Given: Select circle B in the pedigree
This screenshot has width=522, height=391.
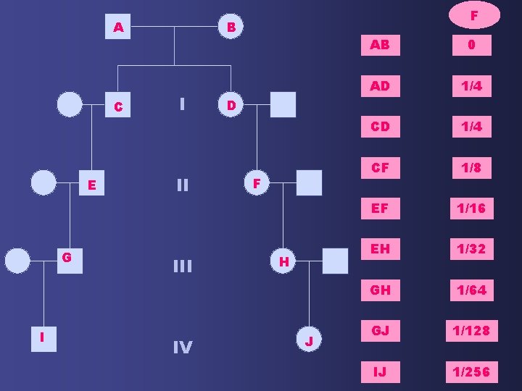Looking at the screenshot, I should (230, 28).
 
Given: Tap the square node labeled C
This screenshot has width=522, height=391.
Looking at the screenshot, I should (117, 106).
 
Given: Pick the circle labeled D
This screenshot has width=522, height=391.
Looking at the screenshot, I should (230, 106).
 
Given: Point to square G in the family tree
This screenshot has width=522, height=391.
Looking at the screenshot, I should (67, 258).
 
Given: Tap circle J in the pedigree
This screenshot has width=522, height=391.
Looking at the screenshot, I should (310, 340).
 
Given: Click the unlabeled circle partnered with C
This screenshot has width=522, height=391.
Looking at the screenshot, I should (70, 104).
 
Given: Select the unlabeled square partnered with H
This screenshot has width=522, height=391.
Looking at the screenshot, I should (335, 260).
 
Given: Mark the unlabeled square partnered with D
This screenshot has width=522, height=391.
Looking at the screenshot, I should (283, 104).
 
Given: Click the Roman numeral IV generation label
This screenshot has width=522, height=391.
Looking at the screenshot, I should (182, 348).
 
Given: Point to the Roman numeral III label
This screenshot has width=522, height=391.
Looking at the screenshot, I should (182, 266).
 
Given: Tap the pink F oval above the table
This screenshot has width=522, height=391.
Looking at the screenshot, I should (473, 15).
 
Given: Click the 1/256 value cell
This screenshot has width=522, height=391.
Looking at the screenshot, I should (471, 372).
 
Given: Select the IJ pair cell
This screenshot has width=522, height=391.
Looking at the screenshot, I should (380, 372).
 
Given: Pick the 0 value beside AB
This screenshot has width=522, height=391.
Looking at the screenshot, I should (471, 45).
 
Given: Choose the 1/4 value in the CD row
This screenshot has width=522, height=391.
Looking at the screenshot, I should (471, 127).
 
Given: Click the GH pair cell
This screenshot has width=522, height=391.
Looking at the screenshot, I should (380, 290).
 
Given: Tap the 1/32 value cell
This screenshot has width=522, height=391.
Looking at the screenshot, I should (471, 249).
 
